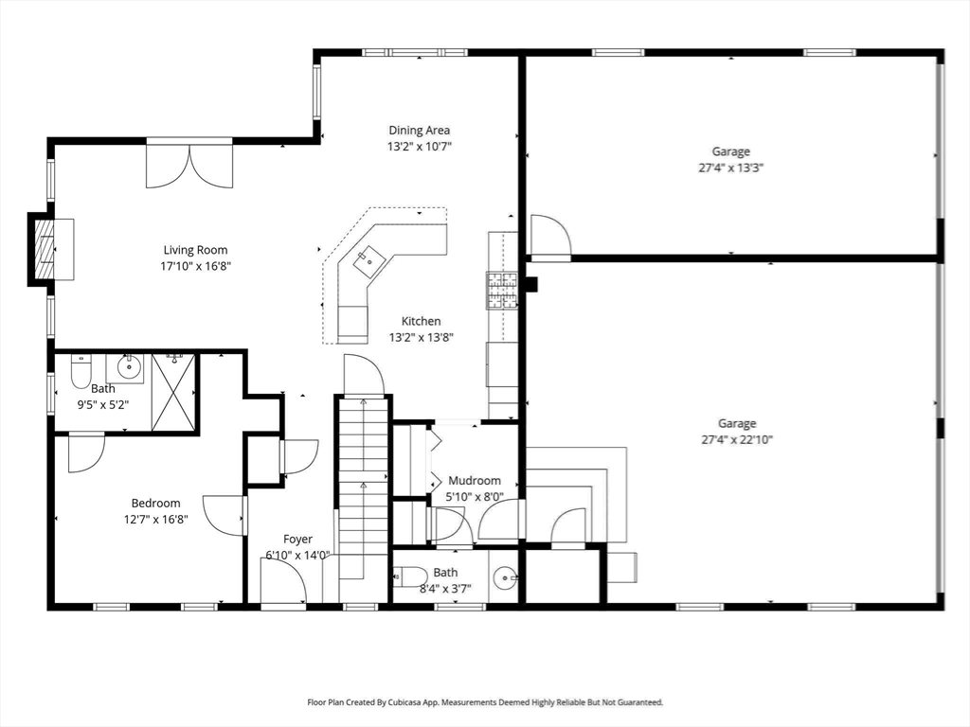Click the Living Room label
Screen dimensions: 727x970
click(x=195, y=250)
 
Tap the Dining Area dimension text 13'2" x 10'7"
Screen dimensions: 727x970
click(x=420, y=147)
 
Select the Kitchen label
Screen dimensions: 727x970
click(x=421, y=321)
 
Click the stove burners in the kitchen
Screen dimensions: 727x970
click(x=502, y=291)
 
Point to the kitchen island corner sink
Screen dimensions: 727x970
click(x=368, y=257)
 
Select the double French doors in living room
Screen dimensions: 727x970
click(x=189, y=165)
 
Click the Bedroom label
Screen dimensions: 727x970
click(x=155, y=504)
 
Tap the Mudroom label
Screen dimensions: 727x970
click(x=475, y=481)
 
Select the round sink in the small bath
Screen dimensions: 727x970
click(x=505, y=576)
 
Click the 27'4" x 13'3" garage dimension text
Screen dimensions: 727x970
click(x=731, y=168)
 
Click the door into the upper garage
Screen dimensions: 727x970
click(x=549, y=237)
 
